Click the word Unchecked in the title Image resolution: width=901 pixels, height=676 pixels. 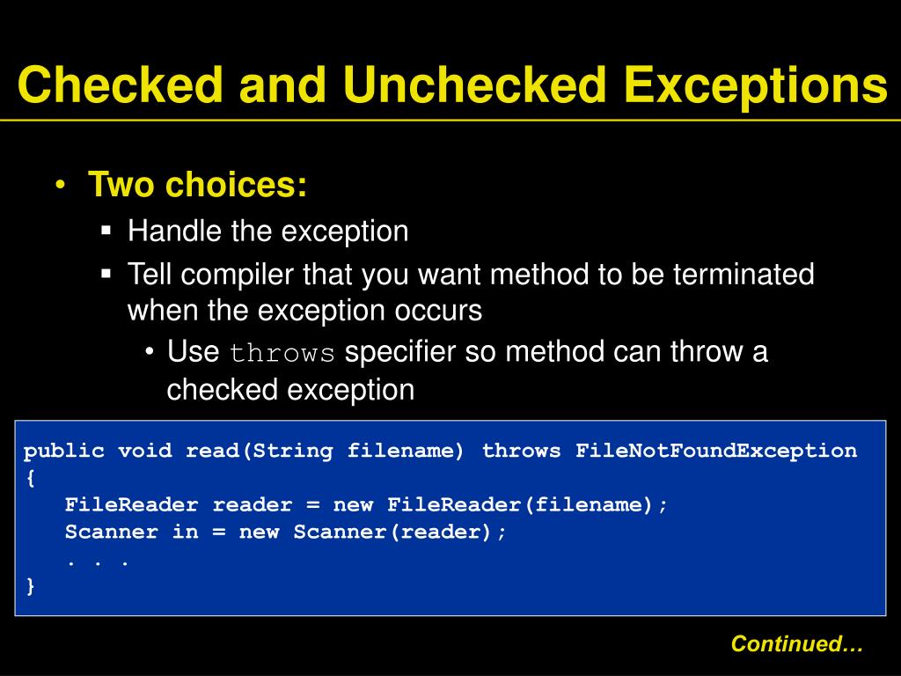(476, 85)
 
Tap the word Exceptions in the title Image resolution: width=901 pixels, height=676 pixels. (754, 85)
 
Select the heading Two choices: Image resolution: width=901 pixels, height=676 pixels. (198, 186)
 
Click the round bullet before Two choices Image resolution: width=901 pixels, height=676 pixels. (61, 186)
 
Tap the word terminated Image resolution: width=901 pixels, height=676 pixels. (744, 275)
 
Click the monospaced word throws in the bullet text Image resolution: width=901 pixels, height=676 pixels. (282, 354)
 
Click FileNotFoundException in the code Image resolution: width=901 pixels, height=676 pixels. (715, 452)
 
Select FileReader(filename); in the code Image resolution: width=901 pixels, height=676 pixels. (528, 505)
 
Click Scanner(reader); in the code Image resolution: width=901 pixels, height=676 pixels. (400, 533)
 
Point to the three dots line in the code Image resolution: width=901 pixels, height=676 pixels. (98, 560)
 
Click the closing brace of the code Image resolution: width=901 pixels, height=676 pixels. (31, 587)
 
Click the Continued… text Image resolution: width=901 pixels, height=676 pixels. (797, 644)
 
